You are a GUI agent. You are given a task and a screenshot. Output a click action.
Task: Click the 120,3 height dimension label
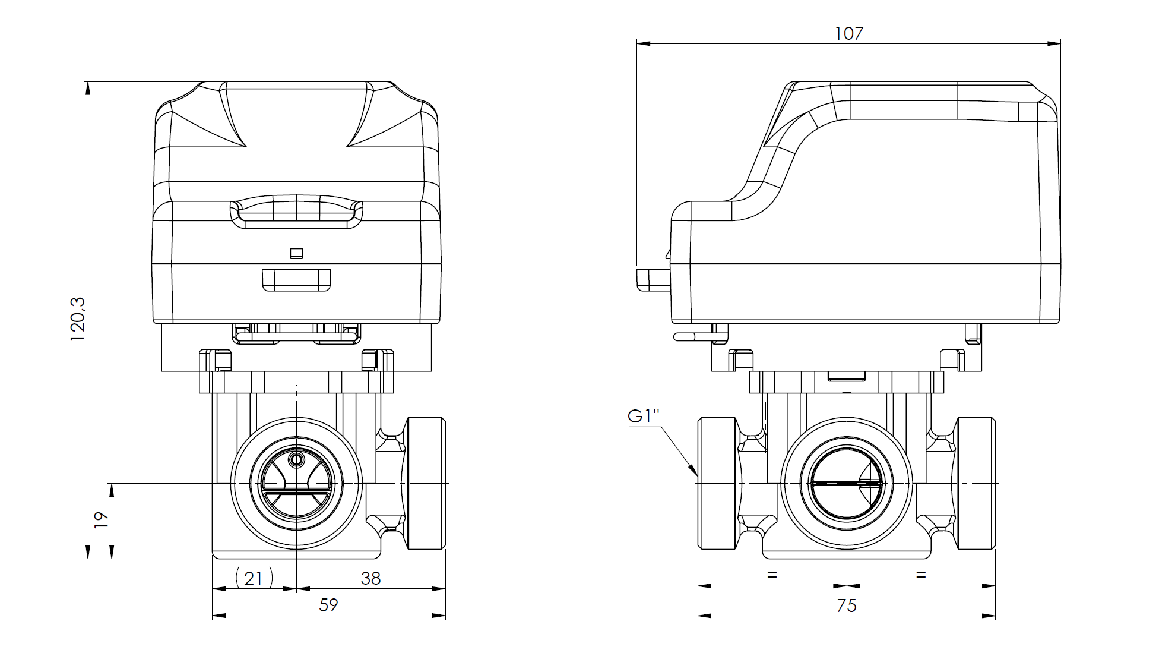pyautogui.click(x=78, y=319)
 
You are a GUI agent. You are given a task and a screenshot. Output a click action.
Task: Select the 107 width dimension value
pyautogui.click(x=848, y=33)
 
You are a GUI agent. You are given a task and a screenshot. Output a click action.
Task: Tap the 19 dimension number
pyautogui.click(x=102, y=520)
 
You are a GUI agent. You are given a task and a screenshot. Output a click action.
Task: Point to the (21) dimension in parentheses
pyautogui.click(x=254, y=578)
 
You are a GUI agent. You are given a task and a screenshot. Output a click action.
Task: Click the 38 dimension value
pyautogui.click(x=370, y=578)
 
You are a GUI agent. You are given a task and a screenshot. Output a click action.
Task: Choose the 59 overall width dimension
pyautogui.click(x=328, y=605)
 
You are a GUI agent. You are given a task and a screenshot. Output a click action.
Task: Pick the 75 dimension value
pyautogui.click(x=847, y=605)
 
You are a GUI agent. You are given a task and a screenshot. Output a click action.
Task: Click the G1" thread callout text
pyautogui.click(x=644, y=417)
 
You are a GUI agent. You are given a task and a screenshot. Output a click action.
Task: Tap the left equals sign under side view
pyautogui.click(x=772, y=575)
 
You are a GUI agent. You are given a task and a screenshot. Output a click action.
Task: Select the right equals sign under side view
pyautogui.click(x=921, y=575)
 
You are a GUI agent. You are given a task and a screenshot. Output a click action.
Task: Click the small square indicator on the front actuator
pyautogui.click(x=296, y=254)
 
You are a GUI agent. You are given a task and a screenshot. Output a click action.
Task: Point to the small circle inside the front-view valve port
pyautogui.click(x=296, y=459)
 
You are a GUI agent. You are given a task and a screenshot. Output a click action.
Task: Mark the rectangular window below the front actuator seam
pyautogui.click(x=296, y=280)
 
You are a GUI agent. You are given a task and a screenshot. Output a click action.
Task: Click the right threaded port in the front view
pyautogui.click(x=426, y=484)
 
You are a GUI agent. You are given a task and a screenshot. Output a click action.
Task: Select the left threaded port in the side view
pyautogui.click(x=717, y=484)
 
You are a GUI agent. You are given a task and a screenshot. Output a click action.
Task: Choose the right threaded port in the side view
pyautogui.click(x=976, y=484)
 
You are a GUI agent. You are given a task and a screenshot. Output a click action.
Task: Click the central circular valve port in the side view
pyautogui.click(x=846, y=484)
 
